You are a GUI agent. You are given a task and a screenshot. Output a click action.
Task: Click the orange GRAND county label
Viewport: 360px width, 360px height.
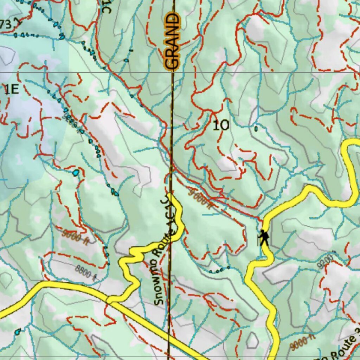(173, 41)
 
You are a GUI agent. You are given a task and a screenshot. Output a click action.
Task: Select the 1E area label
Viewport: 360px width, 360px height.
(11, 90)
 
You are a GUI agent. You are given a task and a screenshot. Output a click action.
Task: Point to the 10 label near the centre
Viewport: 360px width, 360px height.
(221, 125)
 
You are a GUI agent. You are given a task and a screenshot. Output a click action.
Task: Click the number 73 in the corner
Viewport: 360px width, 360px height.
(6, 24)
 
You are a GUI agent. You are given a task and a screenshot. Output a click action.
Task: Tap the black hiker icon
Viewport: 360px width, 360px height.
(263, 238)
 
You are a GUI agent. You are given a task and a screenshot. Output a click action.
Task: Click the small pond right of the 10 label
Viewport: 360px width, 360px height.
(256, 129)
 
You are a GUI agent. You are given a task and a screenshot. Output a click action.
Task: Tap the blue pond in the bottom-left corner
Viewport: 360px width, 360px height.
(18, 331)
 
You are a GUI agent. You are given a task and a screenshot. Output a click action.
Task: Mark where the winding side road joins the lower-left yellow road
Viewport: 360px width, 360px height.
(110, 300)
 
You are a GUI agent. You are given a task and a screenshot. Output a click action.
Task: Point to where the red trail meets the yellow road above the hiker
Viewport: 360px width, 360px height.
(263, 220)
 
